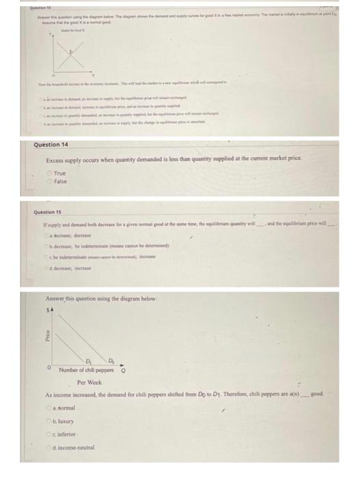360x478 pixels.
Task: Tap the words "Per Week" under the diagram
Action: click(90, 382)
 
